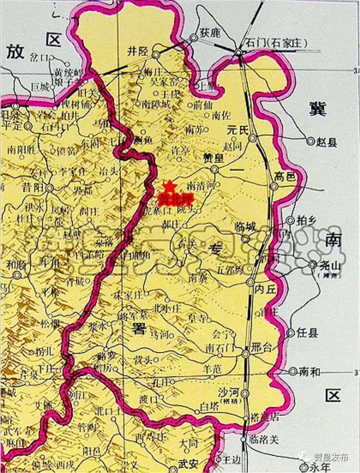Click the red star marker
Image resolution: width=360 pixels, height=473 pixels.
[x=169, y=186]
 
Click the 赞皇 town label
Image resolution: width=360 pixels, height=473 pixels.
[x=200, y=159]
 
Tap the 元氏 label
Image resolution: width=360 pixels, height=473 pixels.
[x=237, y=129]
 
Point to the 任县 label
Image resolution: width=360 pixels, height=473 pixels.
[x=307, y=332]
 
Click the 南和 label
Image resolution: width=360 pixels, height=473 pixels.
[x=309, y=371]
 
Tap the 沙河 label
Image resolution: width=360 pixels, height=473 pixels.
[x=228, y=391]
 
